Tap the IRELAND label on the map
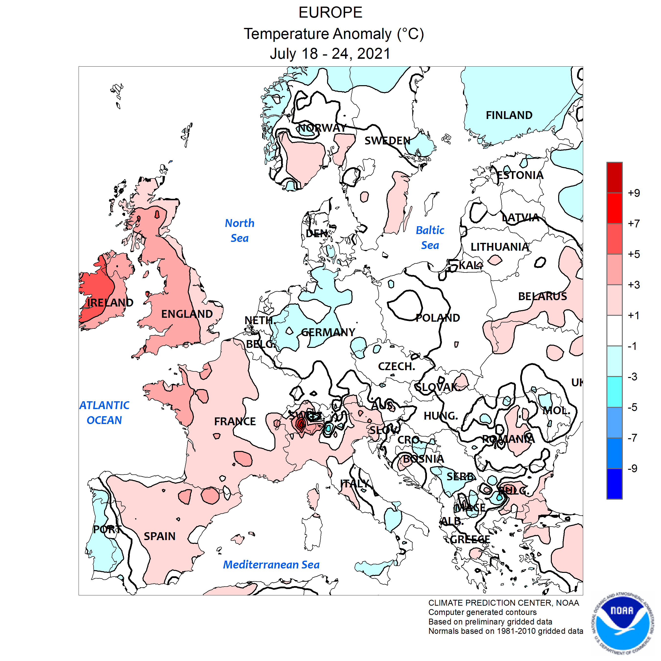[x=110, y=302]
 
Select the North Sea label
[x=239, y=231]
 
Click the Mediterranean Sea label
[x=271, y=565]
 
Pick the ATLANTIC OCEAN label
[x=104, y=413]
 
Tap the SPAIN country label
[x=159, y=536]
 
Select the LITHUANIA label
[x=499, y=247]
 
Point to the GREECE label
[x=470, y=540]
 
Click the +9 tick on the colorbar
[x=634, y=193]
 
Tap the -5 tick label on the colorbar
[x=632, y=407]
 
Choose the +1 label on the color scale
[x=634, y=316]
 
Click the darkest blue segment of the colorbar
[x=614, y=484]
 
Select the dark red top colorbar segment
[x=614, y=177]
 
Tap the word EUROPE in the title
[x=330, y=13]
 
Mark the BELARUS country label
[x=542, y=296]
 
